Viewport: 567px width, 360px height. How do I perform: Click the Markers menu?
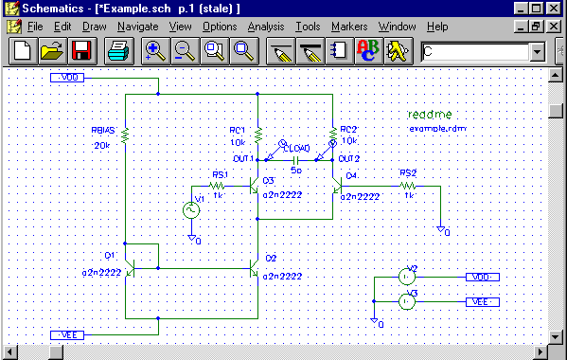pos(349,27)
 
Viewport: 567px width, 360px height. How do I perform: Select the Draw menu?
pos(94,27)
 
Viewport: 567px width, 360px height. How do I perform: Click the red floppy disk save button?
pos(81,51)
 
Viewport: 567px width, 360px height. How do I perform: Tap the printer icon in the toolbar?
pos(118,51)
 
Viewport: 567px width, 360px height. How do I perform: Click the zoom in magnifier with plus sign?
pos(155,51)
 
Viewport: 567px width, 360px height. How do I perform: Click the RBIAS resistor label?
pos(101,132)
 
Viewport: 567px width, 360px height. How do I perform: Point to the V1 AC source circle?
pos(189,210)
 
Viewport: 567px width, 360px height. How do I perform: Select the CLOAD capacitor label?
pos(296,159)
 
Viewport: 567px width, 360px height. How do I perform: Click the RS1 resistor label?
pos(219,175)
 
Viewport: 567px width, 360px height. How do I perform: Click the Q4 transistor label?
pos(351,176)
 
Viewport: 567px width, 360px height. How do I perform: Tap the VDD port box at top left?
pos(69,78)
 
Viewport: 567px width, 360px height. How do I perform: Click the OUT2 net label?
pos(349,158)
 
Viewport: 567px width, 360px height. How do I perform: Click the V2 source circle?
pos(406,277)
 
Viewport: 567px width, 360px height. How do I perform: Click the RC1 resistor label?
pos(237,130)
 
